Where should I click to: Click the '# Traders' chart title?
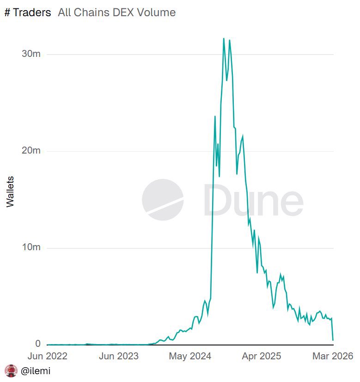pyautogui.click(x=28, y=12)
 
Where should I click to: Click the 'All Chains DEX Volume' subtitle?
pyautogui.click(x=116, y=12)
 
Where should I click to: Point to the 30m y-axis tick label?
pyautogui.click(x=31, y=54)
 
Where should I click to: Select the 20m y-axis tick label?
pyautogui.click(x=31, y=151)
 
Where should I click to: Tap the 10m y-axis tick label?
pyautogui.click(x=31, y=247)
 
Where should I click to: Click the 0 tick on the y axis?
pyautogui.click(x=38, y=344)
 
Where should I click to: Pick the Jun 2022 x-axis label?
pyautogui.click(x=47, y=356)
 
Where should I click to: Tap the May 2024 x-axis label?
pyautogui.click(x=190, y=356)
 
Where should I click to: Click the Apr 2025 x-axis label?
pyautogui.click(x=262, y=356)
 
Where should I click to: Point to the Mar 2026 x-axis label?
pyautogui.click(x=333, y=356)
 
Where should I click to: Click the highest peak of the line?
pyautogui.click(x=224, y=38)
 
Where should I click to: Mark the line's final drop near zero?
pyautogui.click(x=333, y=340)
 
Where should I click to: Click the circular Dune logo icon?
pyautogui.click(x=163, y=200)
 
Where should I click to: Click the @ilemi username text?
pyautogui.click(x=36, y=371)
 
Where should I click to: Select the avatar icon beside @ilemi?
pyautogui.click(x=11, y=371)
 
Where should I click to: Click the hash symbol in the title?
pyautogui.click(x=7, y=12)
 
